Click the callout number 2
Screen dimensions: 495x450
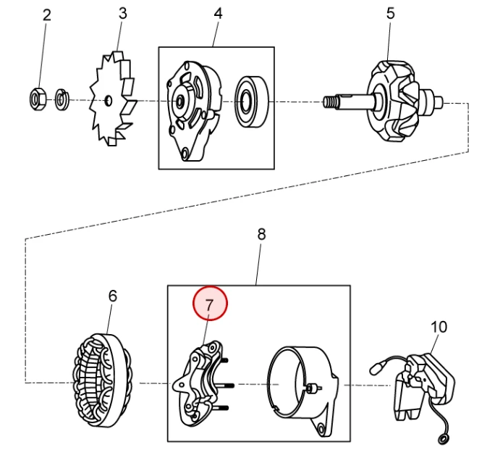(x=47, y=15)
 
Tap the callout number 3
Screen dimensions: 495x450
(x=122, y=13)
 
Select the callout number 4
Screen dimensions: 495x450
(x=218, y=13)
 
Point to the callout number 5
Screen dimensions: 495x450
(x=391, y=13)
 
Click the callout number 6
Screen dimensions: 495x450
(x=113, y=296)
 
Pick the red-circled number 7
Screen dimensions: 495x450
(x=210, y=303)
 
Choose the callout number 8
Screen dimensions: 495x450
(x=261, y=235)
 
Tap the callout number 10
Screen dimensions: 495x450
(x=439, y=327)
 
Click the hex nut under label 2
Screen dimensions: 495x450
(x=38, y=99)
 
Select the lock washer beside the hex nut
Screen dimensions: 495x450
(x=62, y=99)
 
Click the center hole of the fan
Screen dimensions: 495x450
(x=109, y=101)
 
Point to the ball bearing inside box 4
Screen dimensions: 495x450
(x=251, y=101)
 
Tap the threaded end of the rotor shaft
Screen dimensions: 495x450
(x=329, y=101)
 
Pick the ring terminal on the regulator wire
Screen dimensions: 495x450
(x=443, y=439)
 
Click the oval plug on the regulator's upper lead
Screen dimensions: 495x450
(x=376, y=369)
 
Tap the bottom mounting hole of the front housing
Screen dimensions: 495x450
(x=185, y=154)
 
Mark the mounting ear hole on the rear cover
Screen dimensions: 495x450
(x=321, y=429)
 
